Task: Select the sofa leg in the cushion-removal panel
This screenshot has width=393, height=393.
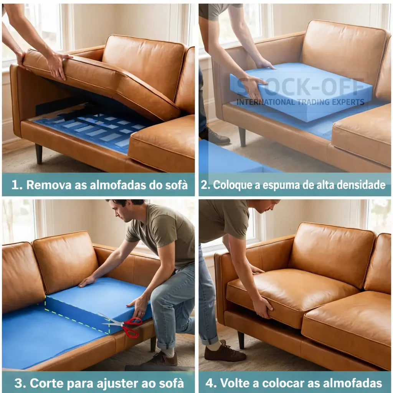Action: pos(39,154)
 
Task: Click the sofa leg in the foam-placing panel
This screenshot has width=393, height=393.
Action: pos(242,137)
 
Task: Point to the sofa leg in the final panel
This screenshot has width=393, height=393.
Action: pos(241,340)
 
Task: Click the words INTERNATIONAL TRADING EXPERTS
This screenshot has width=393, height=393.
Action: pos(301,102)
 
